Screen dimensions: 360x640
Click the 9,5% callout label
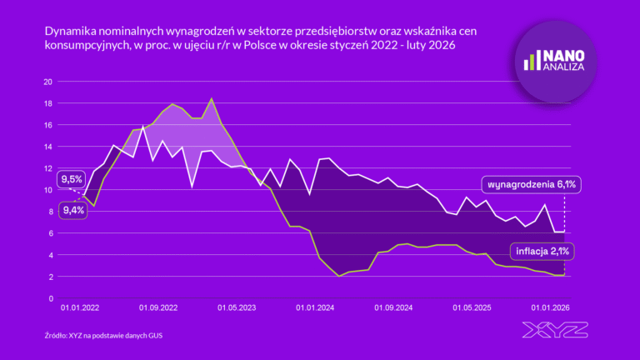(71, 178)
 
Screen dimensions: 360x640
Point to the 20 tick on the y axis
(47, 82)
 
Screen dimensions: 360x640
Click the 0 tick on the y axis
(50, 298)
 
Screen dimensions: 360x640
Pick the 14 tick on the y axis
(47, 147)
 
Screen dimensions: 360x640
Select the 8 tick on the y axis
(50, 212)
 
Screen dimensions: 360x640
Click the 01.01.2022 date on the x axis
(80, 309)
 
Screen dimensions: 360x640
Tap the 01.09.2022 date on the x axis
(158, 309)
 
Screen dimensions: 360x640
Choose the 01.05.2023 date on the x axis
(236, 309)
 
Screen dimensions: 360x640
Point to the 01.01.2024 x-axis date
(314, 309)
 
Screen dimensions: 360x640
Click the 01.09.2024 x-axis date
(392, 309)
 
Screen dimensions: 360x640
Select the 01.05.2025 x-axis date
(471, 309)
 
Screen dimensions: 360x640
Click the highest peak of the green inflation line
(212, 99)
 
